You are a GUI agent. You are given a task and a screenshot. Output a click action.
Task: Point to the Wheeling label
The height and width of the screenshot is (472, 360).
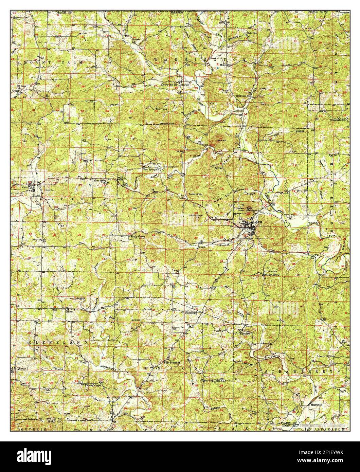coord(190,313)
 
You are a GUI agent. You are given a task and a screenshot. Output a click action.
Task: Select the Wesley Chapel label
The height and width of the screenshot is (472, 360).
coord(94,385)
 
